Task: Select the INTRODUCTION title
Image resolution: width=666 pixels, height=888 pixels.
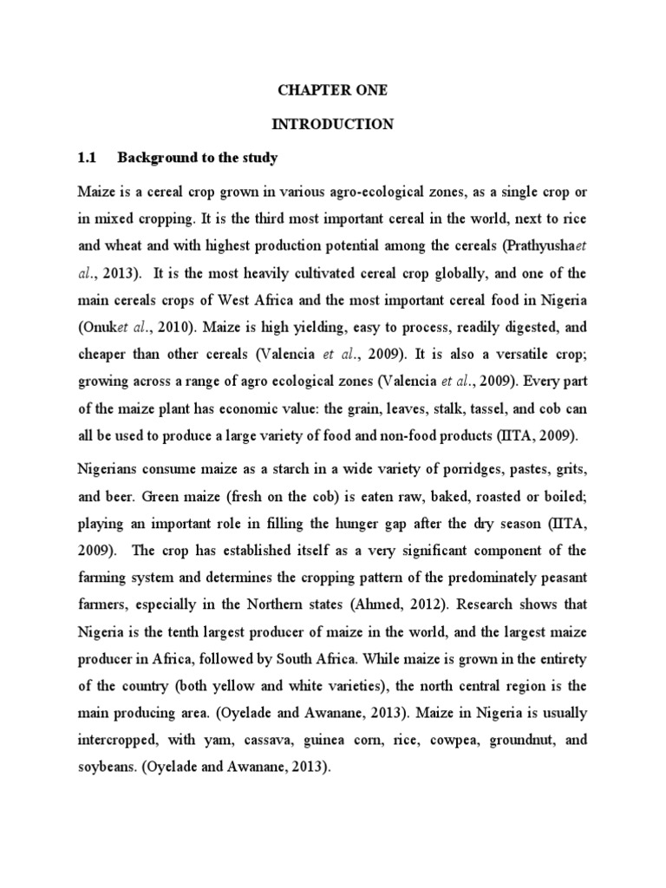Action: coord(333,125)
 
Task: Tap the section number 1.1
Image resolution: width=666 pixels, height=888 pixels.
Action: coord(85,158)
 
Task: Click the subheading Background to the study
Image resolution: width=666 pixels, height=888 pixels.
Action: coord(197,158)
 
